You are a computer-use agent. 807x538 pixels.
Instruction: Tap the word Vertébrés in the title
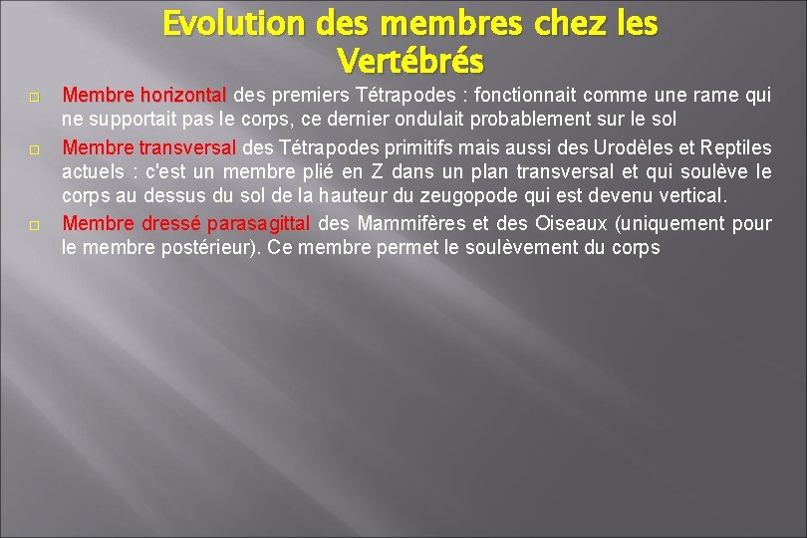coord(410,62)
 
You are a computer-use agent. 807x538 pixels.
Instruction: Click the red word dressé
coord(171,223)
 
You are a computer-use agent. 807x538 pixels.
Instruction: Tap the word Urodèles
coord(624,147)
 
